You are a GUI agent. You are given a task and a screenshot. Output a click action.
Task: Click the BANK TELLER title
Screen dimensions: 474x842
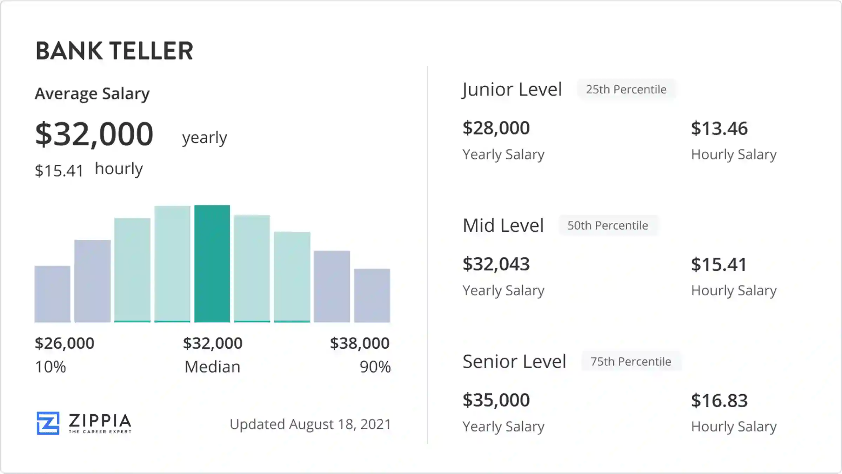[x=114, y=51]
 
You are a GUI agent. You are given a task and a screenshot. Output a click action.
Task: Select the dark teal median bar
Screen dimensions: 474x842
[x=212, y=263]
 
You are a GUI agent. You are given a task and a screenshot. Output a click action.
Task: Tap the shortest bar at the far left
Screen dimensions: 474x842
[x=52, y=294]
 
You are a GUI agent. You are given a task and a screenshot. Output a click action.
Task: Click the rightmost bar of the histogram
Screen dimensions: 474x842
[x=372, y=295]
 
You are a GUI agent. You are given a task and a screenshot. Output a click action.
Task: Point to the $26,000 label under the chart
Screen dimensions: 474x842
[x=65, y=343]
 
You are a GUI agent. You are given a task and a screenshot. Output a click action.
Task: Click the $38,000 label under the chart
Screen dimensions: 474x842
[x=360, y=343]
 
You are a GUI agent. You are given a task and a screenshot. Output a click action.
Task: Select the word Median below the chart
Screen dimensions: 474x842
[x=212, y=367]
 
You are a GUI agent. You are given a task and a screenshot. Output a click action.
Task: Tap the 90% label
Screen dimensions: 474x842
[x=375, y=367]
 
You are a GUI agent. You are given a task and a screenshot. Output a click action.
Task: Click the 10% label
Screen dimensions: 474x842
[x=51, y=367]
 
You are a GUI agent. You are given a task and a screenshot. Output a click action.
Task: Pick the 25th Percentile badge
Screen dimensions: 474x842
[x=626, y=90]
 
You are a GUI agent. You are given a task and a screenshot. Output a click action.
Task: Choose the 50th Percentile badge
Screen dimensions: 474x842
[x=608, y=225]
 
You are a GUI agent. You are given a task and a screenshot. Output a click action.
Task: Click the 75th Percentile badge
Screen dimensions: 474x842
[x=631, y=361]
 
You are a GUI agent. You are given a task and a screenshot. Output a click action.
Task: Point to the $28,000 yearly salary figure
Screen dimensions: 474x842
[x=496, y=128]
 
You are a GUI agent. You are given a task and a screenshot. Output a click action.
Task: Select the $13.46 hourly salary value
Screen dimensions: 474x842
[x=719, y=128]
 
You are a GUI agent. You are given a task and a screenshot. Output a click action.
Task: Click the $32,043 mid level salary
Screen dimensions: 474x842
[x=496, y=264]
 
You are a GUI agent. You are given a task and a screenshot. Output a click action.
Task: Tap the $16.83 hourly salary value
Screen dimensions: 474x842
[x=719, y=400]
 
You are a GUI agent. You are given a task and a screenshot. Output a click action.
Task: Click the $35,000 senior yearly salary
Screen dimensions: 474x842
[x=496, y=400]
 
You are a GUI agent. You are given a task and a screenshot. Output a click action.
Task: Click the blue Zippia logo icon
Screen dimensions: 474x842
[x=48, y=423]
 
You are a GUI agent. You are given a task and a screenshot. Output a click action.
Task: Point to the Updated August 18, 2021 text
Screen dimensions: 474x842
[x=310, y=424]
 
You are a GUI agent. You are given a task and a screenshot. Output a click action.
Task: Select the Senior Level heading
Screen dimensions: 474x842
[x=514, y=361]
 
